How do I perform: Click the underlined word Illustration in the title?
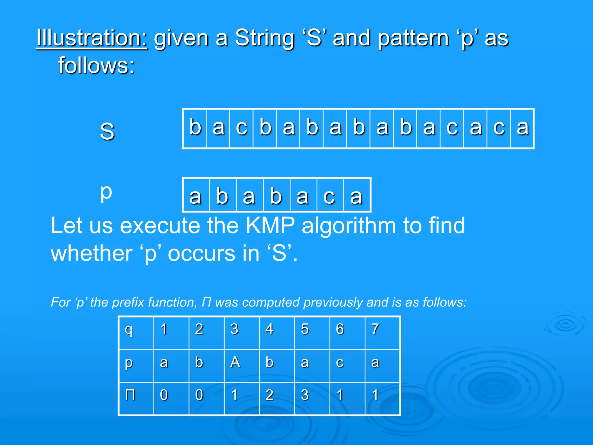92,38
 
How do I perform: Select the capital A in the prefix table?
235,362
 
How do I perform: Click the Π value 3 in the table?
305,395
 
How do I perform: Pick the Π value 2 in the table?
270,395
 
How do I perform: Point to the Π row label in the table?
130,395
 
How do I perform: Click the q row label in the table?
129,330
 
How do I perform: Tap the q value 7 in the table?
375,329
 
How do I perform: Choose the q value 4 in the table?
270,329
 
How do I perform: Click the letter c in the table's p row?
340,362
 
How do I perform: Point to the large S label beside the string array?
107,131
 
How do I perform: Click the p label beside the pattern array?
106,192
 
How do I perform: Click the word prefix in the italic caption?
130,302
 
